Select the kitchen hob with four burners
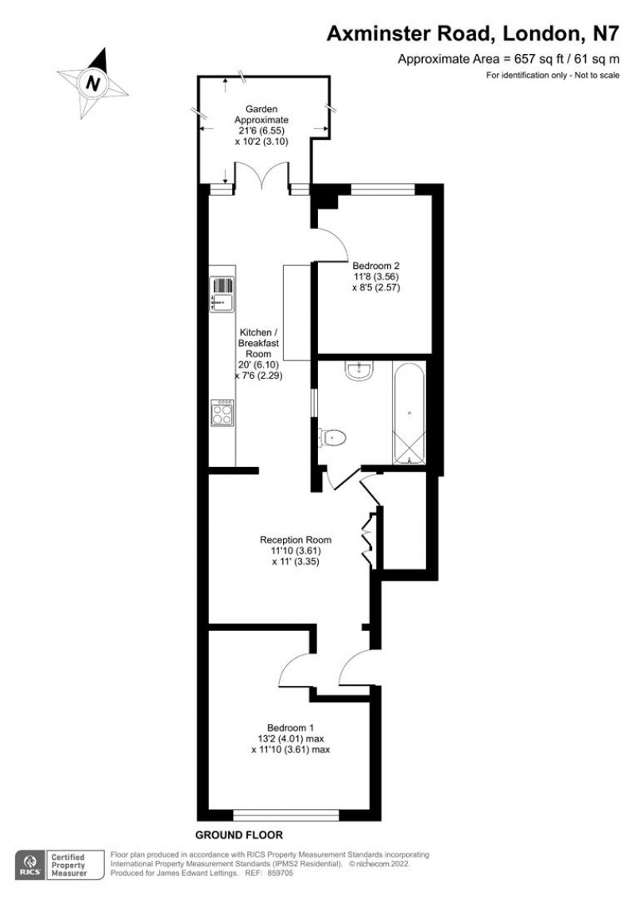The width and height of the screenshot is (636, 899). pos(222,412)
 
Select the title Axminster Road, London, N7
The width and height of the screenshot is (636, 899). pos(473,33)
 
